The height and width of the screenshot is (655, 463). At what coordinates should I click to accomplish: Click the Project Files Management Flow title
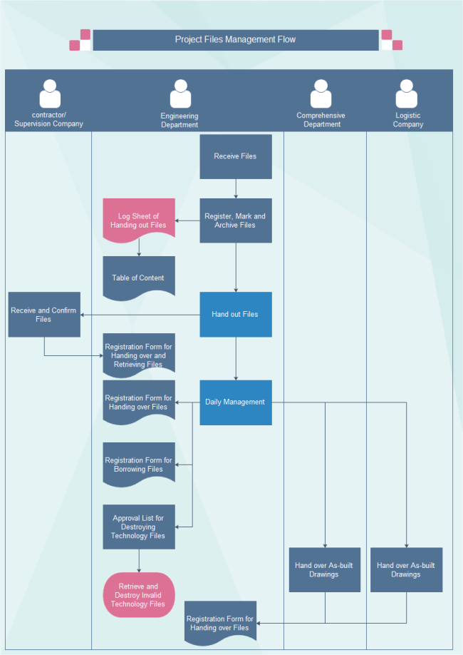[x=235, y=40]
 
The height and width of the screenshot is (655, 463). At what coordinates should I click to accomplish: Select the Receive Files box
[x=235, y=156]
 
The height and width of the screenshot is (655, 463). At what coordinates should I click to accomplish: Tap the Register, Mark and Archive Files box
[x=235, y=220]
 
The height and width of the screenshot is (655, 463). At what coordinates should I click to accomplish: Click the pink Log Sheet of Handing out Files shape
[x=139, y=220]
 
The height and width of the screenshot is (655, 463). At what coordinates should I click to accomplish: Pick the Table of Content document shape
[x=138, y=278]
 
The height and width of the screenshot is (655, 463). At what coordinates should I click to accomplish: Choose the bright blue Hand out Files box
[x=235, y=314]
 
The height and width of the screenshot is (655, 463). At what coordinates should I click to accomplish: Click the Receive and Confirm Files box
[x=44, y=315]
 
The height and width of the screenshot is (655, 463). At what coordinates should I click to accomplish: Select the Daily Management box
[x=235, y=402]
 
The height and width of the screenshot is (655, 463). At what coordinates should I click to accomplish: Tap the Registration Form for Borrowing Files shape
[x=138, y=464]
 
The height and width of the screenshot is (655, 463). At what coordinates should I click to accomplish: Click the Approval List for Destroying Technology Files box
[x=138, y=527]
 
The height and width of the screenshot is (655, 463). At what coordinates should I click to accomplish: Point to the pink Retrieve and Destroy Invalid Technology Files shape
[x=138, y=595]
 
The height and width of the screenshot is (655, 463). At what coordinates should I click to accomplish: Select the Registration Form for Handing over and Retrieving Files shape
[x=138, y=355]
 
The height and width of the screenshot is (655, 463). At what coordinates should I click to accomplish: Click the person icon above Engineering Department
[x=180, y=94]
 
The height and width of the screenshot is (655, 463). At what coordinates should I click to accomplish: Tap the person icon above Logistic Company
[x=407, y=94]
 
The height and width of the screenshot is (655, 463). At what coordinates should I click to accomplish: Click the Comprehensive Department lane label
[x=321, y=120]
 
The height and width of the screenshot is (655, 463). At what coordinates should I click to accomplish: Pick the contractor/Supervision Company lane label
[x=48, y=119]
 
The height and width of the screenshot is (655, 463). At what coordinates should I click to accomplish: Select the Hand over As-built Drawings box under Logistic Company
[x=406, y=569]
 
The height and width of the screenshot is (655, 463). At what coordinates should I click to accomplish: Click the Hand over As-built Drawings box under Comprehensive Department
[x=324, y=569]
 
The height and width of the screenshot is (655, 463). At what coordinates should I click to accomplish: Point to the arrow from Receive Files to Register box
[x=236, y=188]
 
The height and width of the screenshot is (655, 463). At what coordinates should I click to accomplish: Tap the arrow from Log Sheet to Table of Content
[x=139, y=246]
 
